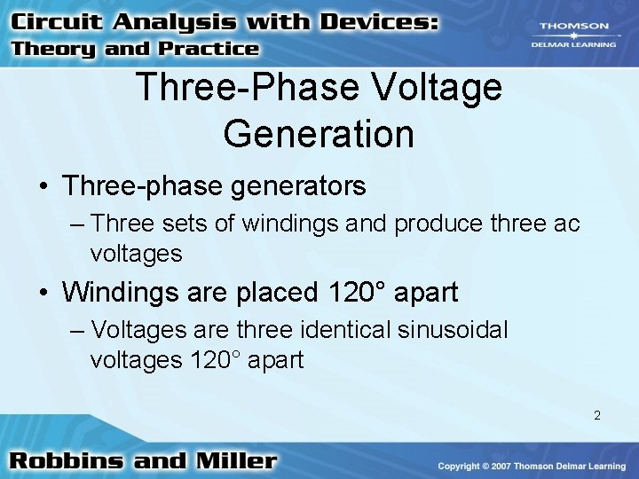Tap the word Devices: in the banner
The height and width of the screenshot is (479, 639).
click(383, 20)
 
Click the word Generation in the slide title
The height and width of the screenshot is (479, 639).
click(319, 134)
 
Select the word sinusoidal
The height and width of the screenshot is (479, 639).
click(452, 330)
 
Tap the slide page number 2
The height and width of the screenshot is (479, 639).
click(597, 415)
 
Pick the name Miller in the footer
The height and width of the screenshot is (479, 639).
click(234, 461)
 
